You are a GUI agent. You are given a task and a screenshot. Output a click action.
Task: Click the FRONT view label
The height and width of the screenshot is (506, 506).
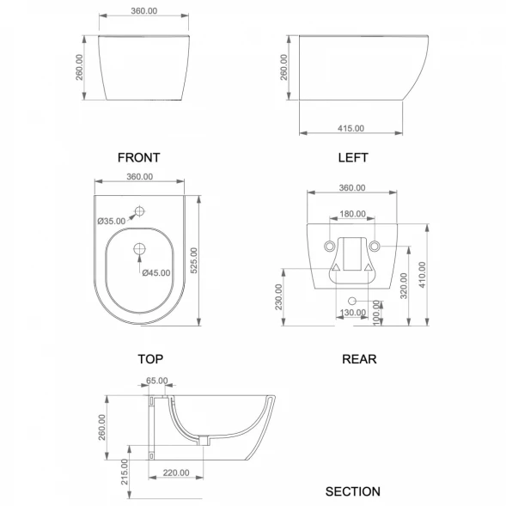(x=139, y=157)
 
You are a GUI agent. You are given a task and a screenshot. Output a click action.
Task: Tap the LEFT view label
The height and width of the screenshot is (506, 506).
(x=353, y=157)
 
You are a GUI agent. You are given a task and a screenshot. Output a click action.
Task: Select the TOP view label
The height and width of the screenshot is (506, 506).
(x=150, y=359)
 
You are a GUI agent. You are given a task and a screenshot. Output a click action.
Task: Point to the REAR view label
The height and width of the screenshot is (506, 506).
(x=359, y=359)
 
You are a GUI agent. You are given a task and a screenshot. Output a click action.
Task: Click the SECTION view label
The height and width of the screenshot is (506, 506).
(x=353, y=491)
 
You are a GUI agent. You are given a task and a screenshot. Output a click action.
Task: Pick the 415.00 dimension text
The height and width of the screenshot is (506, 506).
(x=351, y=129)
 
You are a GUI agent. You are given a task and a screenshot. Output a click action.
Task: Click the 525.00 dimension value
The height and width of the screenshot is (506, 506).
(x=194, y=260)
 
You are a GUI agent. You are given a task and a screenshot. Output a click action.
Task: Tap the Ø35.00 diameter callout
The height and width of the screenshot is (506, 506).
(x=112, y=221)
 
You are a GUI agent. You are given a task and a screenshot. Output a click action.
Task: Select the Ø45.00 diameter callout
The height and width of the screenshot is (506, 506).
(x=156, y=273)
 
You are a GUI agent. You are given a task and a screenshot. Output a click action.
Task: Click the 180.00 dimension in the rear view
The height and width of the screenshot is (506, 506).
(x=353, y=214)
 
